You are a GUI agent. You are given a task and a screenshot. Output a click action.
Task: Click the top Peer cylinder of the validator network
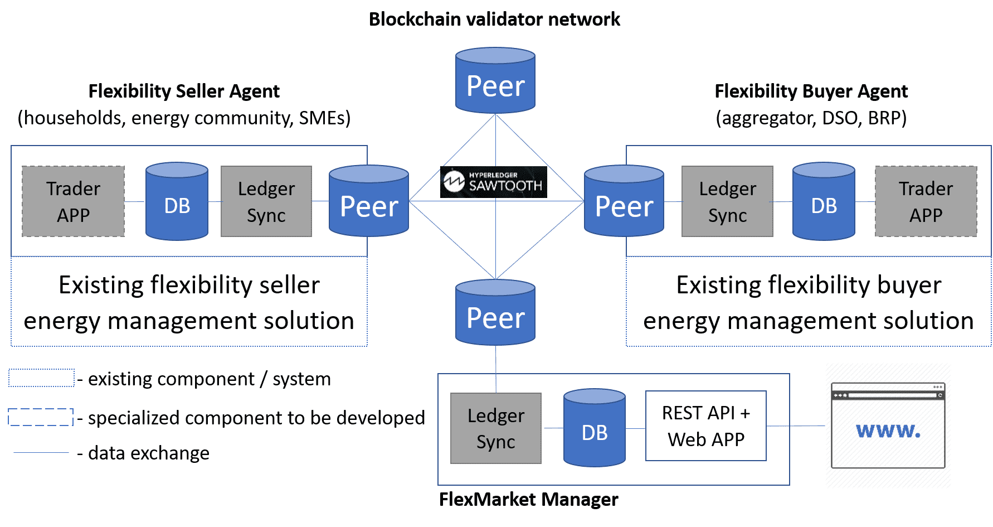(495, 80)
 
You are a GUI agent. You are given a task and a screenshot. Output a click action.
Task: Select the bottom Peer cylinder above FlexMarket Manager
(495, 312)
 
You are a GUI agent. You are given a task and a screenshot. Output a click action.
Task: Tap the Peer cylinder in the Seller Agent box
(369, 201)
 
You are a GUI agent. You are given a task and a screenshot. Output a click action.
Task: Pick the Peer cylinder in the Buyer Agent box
(624, 201)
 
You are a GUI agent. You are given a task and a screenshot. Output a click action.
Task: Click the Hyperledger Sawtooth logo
(494, 182)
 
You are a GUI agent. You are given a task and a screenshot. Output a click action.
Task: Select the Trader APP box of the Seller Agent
(73, 201)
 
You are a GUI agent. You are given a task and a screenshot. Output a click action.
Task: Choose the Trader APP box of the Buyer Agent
(926, 201)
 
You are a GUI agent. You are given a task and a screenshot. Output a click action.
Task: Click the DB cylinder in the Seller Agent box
(177, 201)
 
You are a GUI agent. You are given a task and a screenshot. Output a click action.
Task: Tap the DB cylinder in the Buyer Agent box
(824, 201)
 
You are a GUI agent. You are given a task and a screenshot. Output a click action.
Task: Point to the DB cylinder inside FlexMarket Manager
(595, 428)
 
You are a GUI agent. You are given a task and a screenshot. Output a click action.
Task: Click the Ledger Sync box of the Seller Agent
(266, 201)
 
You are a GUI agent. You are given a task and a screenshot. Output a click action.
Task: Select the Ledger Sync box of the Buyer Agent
(728, 201)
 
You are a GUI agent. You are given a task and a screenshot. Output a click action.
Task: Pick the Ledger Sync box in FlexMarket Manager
(496, 428)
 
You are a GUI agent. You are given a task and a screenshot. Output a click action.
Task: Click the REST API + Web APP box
(706, 426)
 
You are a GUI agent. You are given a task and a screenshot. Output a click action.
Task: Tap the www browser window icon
(888, 426)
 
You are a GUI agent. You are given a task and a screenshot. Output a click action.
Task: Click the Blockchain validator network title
(494, 19)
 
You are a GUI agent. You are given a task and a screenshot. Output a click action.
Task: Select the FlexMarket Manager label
(528, 499)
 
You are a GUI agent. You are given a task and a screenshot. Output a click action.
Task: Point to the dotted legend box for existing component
(41, 378)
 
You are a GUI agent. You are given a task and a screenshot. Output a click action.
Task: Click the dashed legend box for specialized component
(41, 417)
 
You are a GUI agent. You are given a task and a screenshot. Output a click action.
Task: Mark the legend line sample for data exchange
(41, 453)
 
